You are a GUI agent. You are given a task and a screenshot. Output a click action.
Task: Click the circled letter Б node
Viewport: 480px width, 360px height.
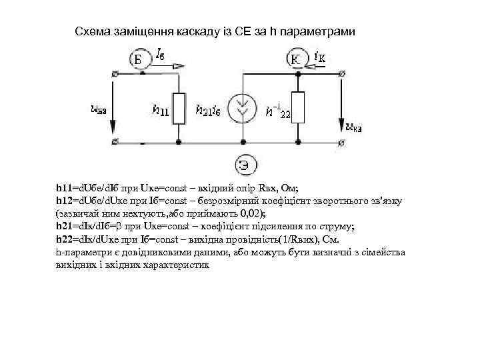138,60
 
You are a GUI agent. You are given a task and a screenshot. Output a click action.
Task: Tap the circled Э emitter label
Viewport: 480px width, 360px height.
244,164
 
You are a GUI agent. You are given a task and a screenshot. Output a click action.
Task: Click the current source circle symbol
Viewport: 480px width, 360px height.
244,108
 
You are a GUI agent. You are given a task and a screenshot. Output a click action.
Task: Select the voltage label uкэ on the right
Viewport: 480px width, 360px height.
354,124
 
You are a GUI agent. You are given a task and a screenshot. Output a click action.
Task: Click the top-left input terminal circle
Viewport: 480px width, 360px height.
117,73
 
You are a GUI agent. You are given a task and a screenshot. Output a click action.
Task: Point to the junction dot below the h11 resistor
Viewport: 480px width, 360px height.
178,142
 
